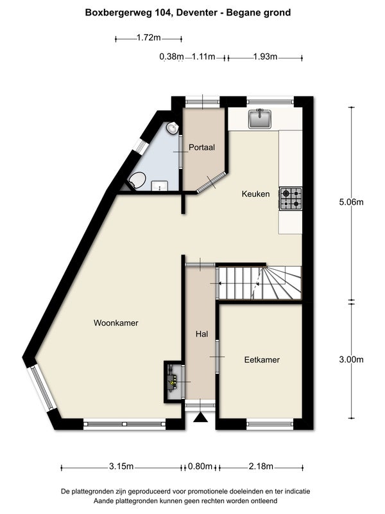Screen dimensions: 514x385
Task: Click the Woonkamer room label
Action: click(116, 323)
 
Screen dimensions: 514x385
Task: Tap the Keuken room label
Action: click(255, 194)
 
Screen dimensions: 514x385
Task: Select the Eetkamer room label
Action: click(262, 360)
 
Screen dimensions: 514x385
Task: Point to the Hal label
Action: click(201, 334)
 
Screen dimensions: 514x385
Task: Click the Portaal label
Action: click(201, 147)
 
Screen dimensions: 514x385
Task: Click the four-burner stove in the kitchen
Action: click(290, 198)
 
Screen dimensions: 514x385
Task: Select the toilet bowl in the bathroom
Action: click(136, 181)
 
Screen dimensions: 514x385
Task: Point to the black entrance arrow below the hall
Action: click(201, 418)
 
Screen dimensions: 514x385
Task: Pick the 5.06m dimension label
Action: click(351, 202)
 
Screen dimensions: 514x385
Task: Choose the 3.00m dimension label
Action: click(351, 359)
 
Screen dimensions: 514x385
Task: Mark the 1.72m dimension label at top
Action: click(148, 38)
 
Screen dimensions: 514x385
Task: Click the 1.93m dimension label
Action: click(264, 57)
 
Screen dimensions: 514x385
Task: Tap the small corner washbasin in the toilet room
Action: click(171, 129)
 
